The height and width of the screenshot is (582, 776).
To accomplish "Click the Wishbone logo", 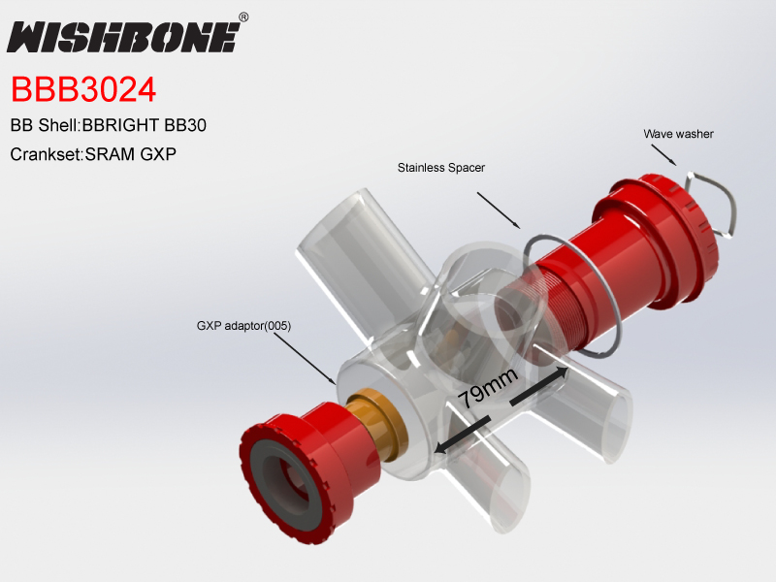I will pyautogui.click(x=122, y=37).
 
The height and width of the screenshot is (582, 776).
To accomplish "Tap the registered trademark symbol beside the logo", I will pyautogui.click(x=243, y=17).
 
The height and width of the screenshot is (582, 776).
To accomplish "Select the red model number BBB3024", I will pyautogui.click(x=83, y=89).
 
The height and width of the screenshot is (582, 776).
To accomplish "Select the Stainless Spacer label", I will pyautogui.click(x=441, y=168).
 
